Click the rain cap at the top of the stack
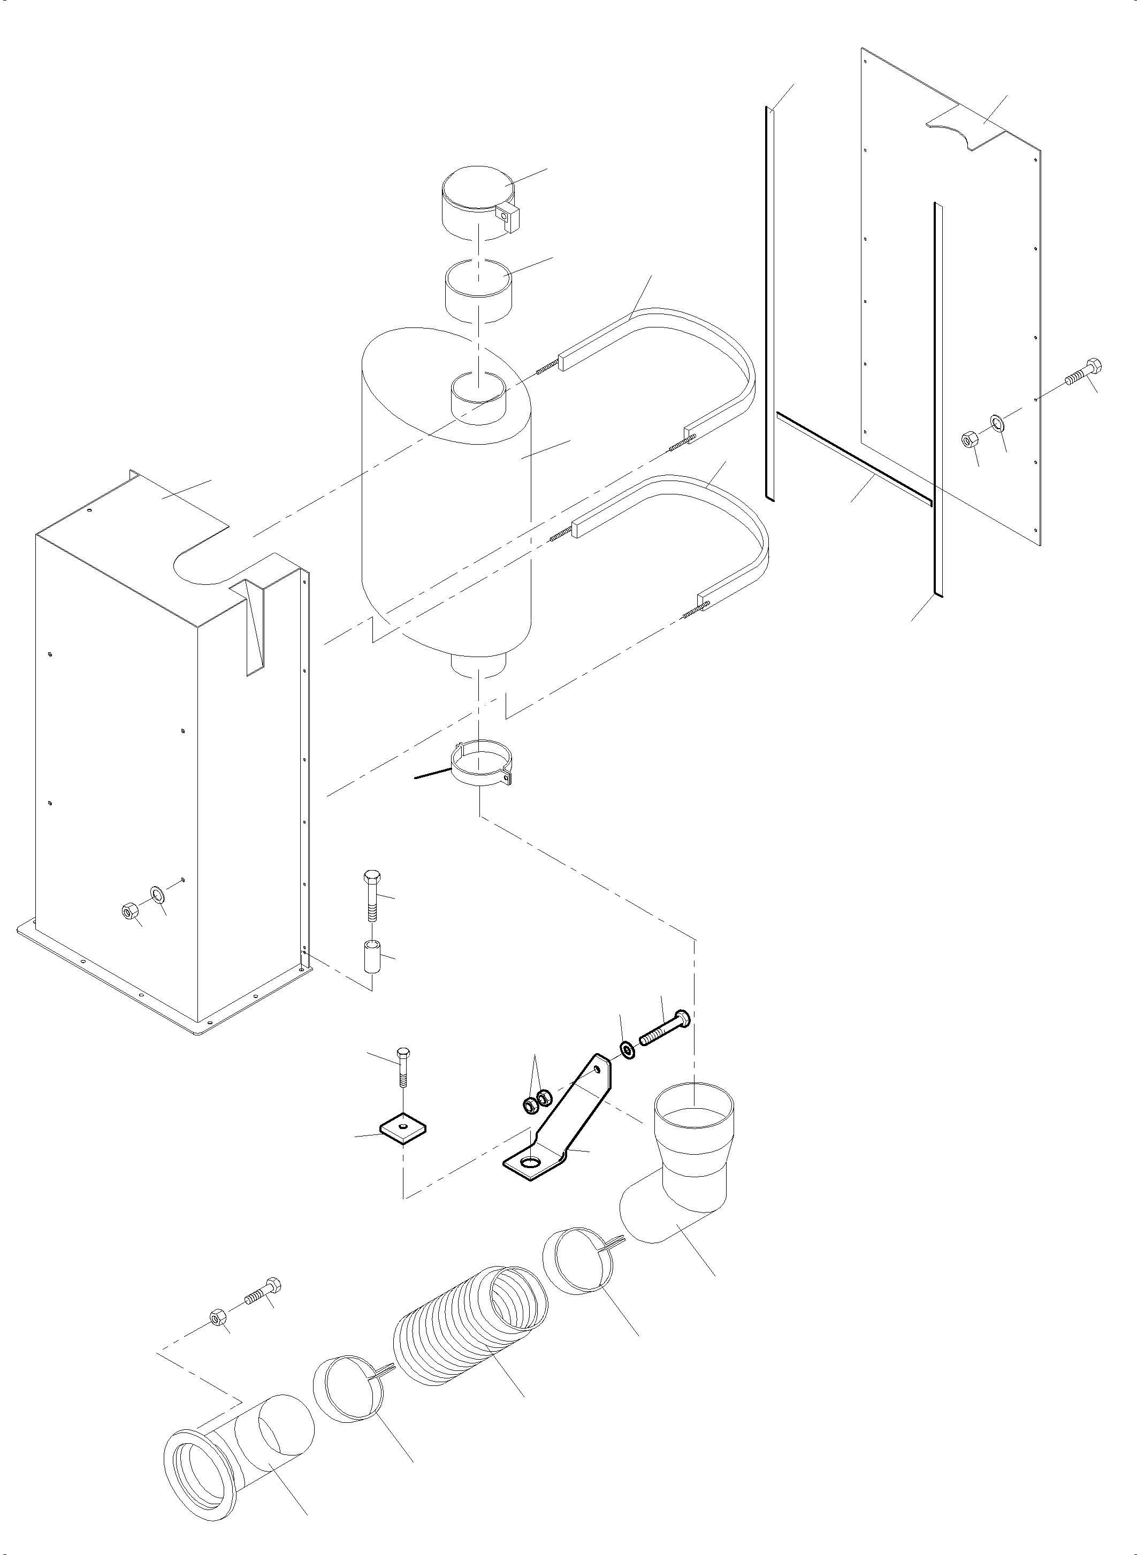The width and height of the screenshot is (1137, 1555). click(x=476, y=202)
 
